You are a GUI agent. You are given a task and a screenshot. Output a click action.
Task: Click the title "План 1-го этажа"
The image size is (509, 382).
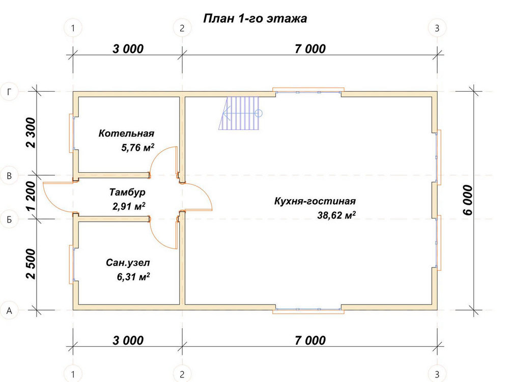coord(255,18)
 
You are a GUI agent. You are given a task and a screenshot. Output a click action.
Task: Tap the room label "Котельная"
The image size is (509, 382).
coord(126,133)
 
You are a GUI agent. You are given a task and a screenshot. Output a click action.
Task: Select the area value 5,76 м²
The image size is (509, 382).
coord(137,148)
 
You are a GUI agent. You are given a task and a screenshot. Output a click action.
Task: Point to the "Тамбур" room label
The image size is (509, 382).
coord(127,192)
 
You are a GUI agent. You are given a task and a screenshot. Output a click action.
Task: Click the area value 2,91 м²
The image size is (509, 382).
coord(129,206)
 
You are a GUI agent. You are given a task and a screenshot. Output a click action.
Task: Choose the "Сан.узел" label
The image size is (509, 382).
coord(128,262)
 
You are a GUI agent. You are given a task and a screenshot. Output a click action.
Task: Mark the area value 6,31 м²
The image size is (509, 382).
coord(133,277)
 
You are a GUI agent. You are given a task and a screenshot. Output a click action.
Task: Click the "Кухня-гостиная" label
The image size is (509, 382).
coord(315,201)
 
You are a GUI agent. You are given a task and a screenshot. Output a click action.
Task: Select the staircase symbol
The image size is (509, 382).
coord(240,113)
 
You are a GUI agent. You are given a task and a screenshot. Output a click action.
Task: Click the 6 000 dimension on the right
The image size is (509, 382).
coord(467,200)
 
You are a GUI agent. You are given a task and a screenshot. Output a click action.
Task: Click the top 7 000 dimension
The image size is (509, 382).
coord(310,49)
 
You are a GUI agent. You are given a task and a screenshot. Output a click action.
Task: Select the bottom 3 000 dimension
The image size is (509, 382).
coord(128,340)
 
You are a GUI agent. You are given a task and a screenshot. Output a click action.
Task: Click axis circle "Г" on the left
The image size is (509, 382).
coord(9,92)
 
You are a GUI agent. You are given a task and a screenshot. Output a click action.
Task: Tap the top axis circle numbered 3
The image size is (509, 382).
coord(437,28)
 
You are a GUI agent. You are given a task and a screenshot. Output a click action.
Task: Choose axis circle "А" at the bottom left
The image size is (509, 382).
coord(9,311)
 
